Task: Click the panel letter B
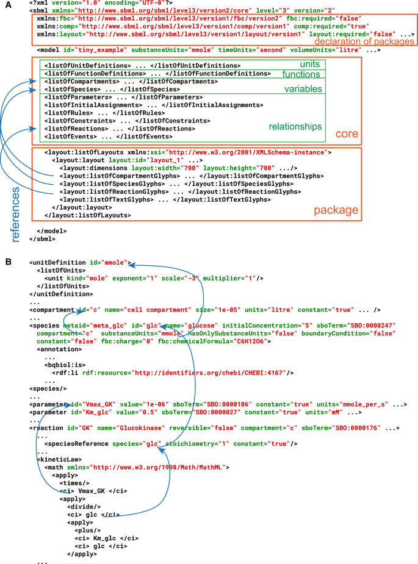[7, 263]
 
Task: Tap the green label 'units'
[309, 65]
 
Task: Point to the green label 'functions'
[301, 74]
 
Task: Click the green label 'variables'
[302, 90]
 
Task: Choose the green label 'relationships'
[295, 127]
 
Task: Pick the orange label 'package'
[336, 210]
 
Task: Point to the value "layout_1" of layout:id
[142, 160]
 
